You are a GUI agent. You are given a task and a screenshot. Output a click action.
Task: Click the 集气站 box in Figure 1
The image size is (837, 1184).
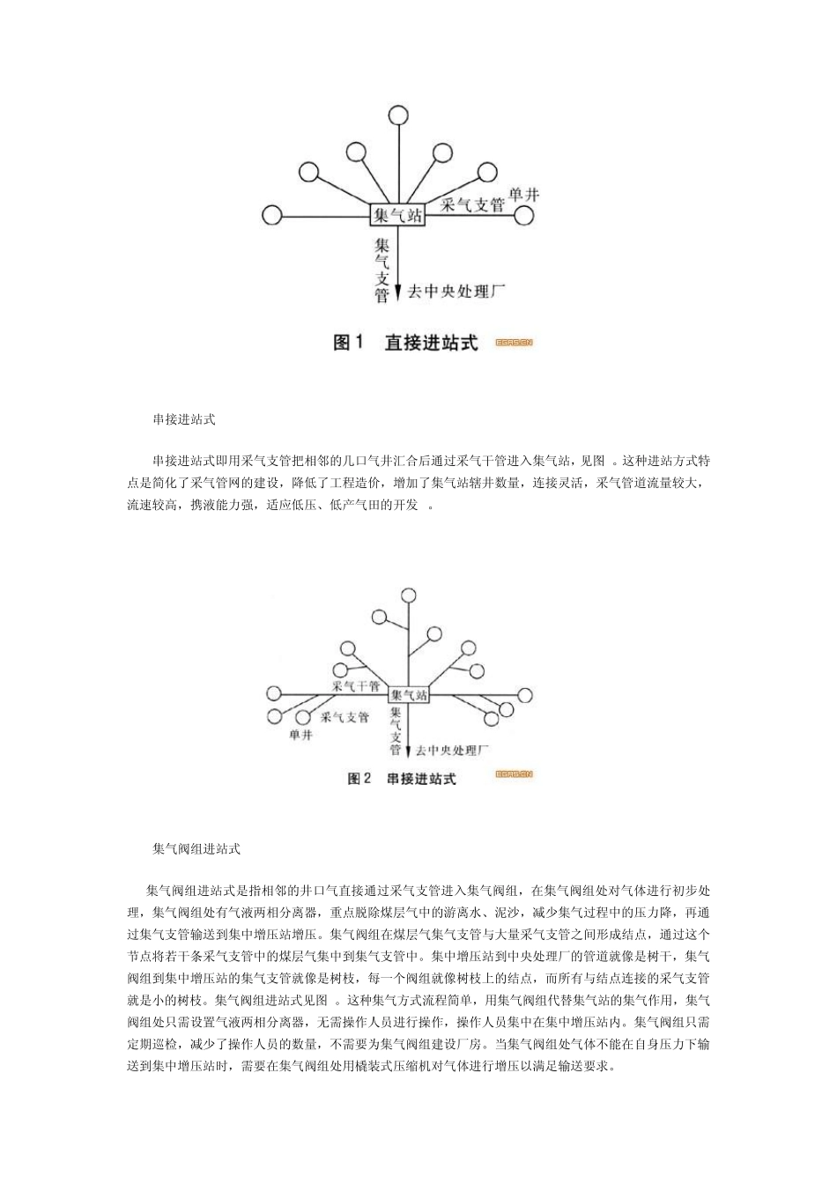point(397,215)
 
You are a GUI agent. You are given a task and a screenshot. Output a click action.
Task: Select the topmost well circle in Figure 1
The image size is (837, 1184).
point(397,115)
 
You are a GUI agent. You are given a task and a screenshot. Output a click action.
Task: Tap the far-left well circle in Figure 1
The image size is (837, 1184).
point(272,215)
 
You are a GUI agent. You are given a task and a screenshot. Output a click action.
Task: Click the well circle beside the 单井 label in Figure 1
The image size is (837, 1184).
point(525,216)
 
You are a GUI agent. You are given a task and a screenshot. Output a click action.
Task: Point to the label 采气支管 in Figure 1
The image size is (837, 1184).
point(472,205)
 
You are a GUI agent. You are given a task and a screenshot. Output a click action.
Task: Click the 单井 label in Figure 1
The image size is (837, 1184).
point(523,195)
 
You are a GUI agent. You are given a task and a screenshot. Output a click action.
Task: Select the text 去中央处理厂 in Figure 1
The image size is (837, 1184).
point(456,292)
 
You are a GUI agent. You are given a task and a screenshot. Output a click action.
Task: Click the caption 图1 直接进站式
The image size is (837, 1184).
point(405,343)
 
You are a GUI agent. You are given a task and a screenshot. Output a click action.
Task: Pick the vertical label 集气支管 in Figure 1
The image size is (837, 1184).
point(381,270)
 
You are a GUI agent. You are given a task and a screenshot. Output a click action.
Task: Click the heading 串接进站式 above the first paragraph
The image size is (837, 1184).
point(184,419)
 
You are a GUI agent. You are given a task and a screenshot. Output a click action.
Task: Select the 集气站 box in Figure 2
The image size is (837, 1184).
point(408,695)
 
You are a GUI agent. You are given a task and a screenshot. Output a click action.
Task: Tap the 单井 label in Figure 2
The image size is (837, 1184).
point(300,736)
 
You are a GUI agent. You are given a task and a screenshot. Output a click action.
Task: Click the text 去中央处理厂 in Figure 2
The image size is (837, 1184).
point(451,751)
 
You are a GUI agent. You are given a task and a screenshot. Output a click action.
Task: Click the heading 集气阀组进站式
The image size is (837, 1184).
point(196,849)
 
